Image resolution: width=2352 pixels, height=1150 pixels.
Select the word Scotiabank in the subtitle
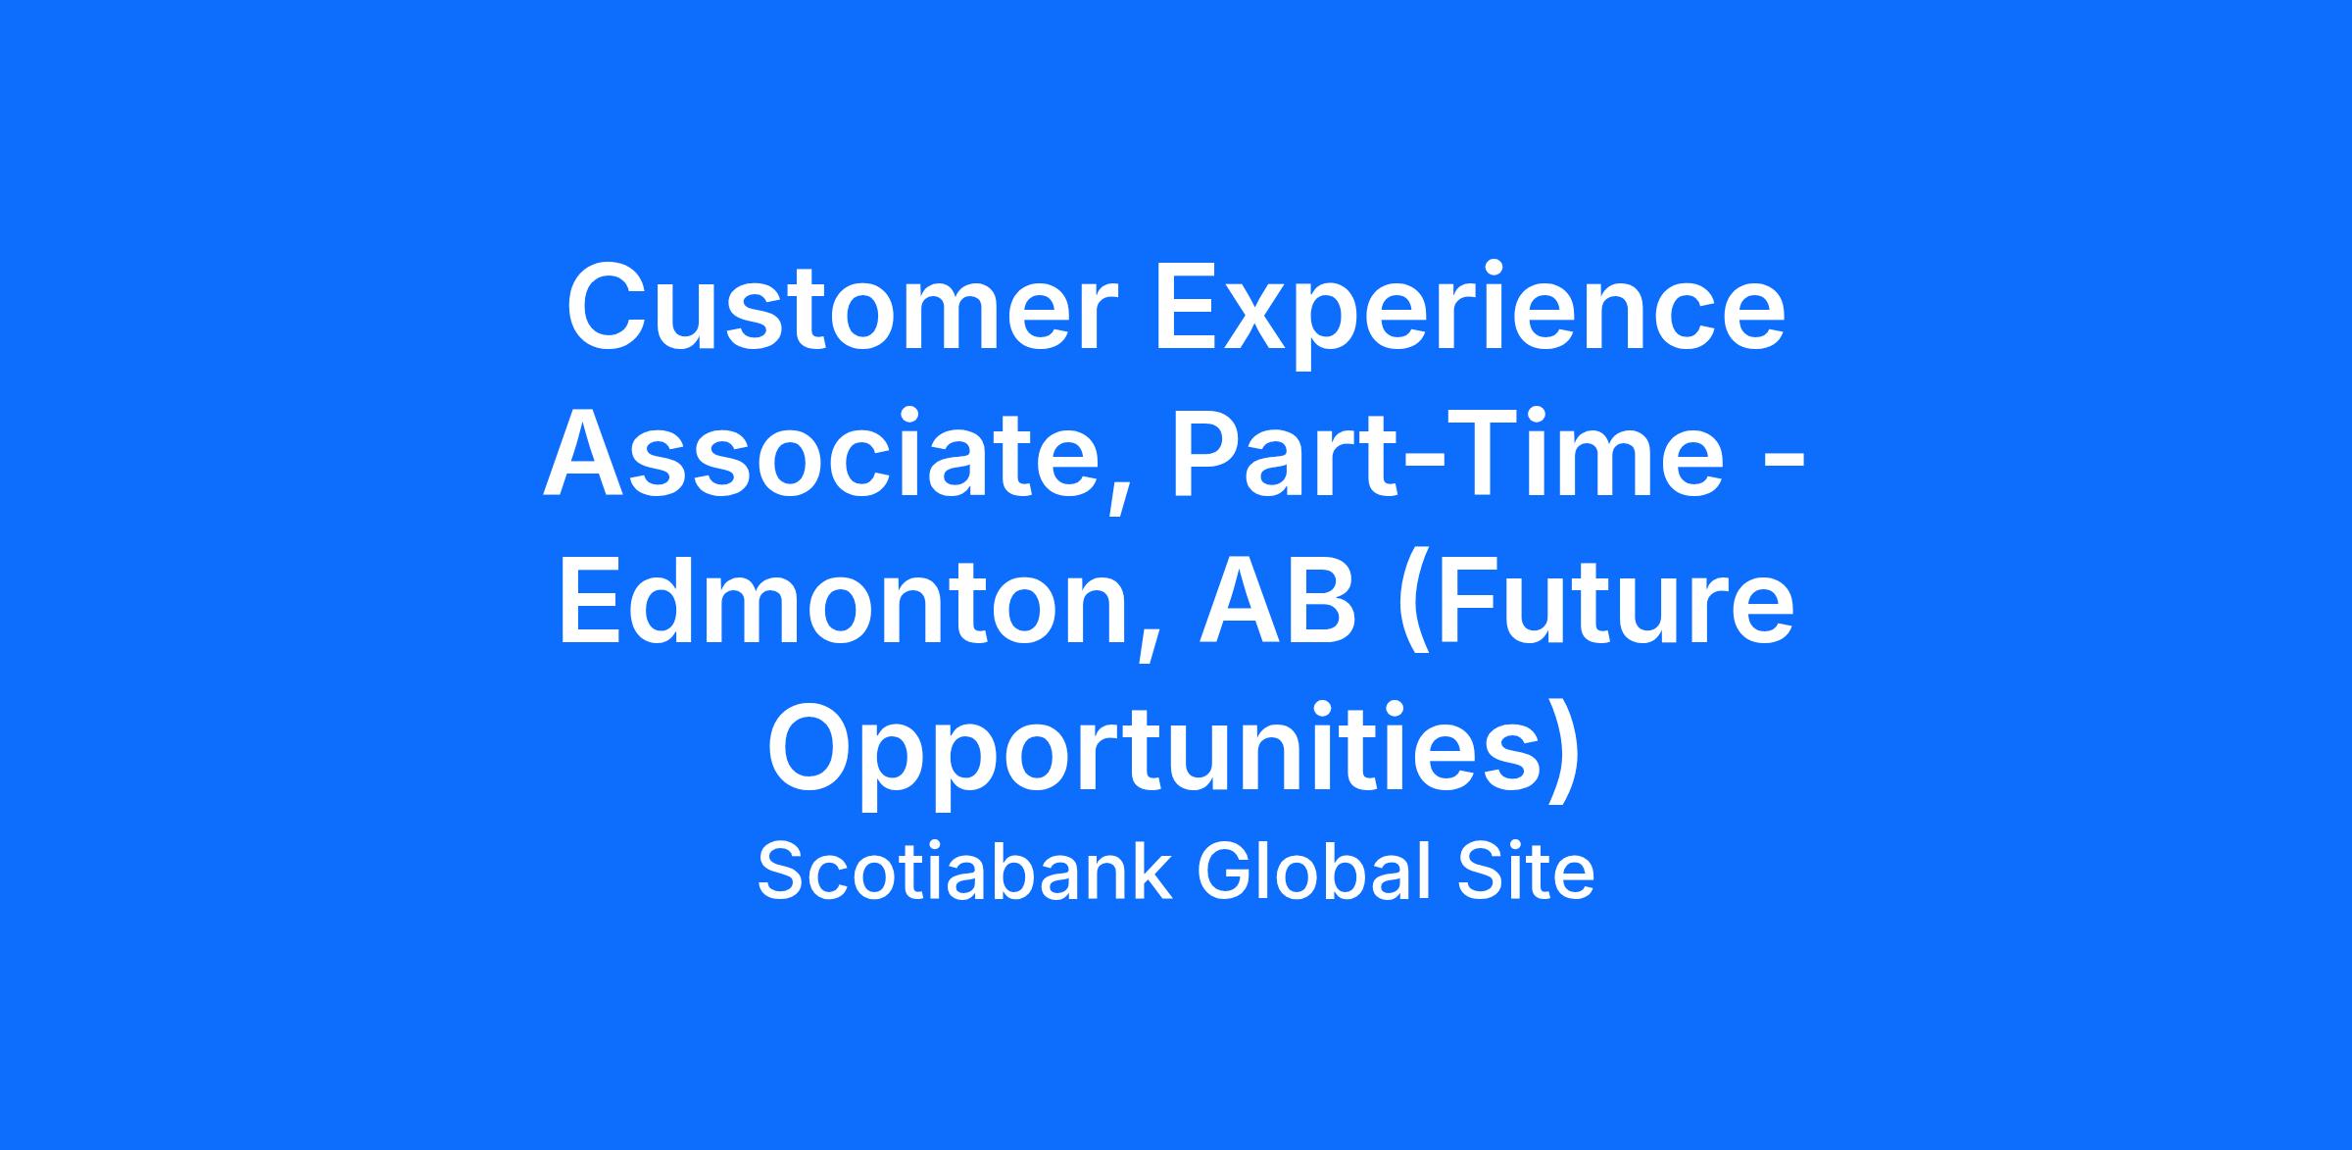[965, 871]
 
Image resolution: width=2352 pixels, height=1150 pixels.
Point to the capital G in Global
[1224, 871]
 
